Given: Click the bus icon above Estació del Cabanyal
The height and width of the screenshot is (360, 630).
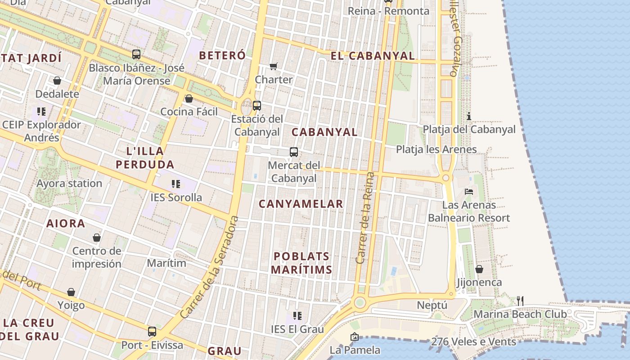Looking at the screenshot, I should [257, 106].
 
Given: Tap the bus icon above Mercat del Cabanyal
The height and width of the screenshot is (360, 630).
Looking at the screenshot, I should [294, 152].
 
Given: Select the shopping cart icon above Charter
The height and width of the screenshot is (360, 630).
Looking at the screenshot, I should [274, 67].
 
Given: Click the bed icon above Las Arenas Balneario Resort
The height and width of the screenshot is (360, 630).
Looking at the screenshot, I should [469, 192].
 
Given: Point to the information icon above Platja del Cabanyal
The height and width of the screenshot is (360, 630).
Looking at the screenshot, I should [469, 116].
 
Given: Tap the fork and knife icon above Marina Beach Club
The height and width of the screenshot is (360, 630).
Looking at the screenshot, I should [520, 301].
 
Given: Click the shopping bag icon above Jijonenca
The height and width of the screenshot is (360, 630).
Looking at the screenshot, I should [479, 269].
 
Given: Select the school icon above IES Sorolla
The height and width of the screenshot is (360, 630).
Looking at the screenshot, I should [176, 184].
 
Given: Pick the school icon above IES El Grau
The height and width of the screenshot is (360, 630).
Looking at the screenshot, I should [297, 315].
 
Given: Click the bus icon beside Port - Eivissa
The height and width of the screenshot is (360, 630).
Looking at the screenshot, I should [152, 332].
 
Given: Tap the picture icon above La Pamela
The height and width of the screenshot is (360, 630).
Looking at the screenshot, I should [355, 336].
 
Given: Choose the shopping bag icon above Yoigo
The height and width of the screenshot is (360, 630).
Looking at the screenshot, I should [71, 292].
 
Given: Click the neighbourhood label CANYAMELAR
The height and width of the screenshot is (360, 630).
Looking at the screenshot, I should [301, 204].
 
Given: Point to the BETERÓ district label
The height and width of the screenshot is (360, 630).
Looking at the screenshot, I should [222, 55].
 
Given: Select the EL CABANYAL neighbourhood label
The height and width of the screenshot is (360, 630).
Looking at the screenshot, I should [373, 56].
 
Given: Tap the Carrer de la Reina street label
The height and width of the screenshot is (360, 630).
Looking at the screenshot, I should [365, 218].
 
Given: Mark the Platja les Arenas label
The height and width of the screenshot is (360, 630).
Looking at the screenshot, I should [436, 149].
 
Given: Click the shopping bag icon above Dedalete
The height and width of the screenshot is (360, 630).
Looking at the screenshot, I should [57, 81].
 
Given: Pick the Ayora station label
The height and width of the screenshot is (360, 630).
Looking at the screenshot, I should [69, 183].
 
